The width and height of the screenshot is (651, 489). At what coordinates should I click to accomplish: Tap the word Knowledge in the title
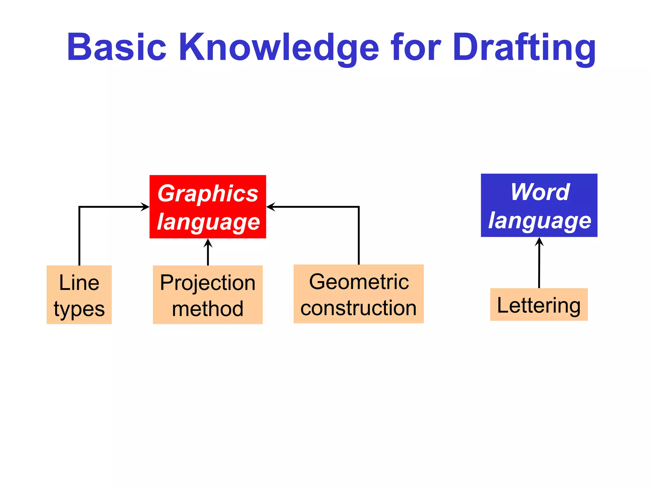point(279,48)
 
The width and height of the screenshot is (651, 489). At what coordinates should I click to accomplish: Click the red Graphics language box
point(208,207)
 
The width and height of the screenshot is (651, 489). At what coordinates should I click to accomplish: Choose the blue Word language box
point(539,205)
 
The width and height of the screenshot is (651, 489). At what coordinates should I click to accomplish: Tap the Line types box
point(79,295)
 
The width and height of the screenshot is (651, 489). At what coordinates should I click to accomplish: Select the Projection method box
point(208,295)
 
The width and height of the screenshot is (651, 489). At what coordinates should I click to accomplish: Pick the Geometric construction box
point(358,294)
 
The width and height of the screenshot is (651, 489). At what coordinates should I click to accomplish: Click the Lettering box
point(539,305)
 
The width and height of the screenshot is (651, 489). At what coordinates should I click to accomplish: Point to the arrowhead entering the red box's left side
point(146,207)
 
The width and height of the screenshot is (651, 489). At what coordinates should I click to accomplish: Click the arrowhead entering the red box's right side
point(271,207)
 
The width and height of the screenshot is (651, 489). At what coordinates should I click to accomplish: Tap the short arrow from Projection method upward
point(208,252)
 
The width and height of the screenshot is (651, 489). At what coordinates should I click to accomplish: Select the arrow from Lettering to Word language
point(539,263)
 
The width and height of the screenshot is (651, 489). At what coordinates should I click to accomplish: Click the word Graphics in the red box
point(208,193)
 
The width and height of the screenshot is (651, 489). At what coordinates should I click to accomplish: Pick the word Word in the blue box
point(540,192)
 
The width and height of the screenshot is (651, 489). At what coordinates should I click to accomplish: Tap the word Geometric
point(359,282)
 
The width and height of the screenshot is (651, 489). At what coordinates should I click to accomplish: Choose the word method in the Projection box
point(208,308)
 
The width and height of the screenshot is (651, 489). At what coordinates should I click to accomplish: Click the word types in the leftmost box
point(79,309)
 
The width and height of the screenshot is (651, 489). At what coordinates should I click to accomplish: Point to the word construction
point(358,308)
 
